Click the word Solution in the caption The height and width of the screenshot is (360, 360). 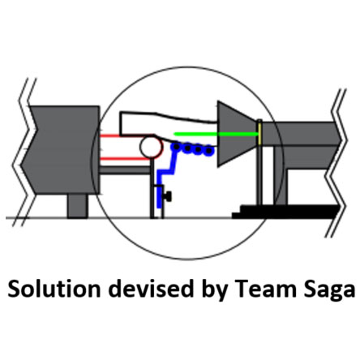pyautogui.click(x=54, y=289)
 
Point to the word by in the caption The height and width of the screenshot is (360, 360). pyautogui.click(x=214, y=290)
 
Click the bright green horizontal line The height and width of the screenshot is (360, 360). pyautogui.click(x=216, y=134)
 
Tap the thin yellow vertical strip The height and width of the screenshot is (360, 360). pyautogui.click(x=259, y=133)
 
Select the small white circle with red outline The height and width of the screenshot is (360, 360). pyautogui.click(x=152, y=147)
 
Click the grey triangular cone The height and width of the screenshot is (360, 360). pyautogui.click(x=237, y=134)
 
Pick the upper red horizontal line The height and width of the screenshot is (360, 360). pyautogui.click(x=110, y=135)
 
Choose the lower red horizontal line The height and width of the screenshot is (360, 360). pyautogui.click(x=125, y=159)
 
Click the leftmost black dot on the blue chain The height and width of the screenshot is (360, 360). pyautogui.click(x=177, y=147)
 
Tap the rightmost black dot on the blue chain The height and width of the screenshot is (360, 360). pyautogui.click(x=208, y=150)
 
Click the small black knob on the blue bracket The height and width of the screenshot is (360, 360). pyautogui.click(x=168, y=196)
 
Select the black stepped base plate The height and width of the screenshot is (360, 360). pyautogui.click(x=285, y=212)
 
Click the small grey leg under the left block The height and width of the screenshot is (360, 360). pyautogui.click(x=77, y=206)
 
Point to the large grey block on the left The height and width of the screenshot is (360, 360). pyautogui.click(x=62, y=150)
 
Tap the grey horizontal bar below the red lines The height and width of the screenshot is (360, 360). pyautogui.click(x=125, y=170)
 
